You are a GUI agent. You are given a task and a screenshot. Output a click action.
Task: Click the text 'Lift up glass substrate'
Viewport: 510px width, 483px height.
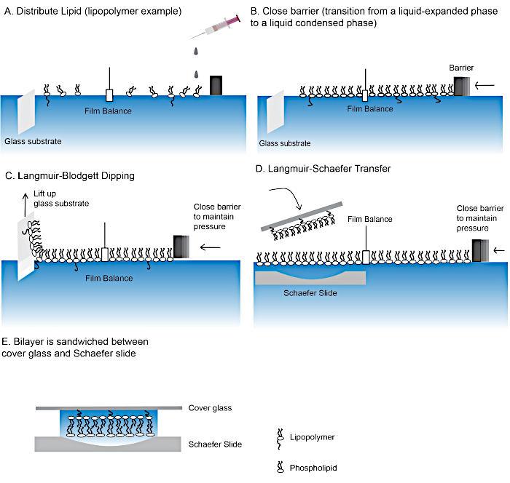(61, 198)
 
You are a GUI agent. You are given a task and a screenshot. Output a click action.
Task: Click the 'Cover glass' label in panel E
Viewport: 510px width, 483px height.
(210, 408)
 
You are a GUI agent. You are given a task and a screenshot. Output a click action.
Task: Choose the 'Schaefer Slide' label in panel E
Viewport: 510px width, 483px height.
(215, 444)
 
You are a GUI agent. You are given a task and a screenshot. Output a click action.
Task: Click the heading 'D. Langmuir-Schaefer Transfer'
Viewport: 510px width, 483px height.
(322, 169)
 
